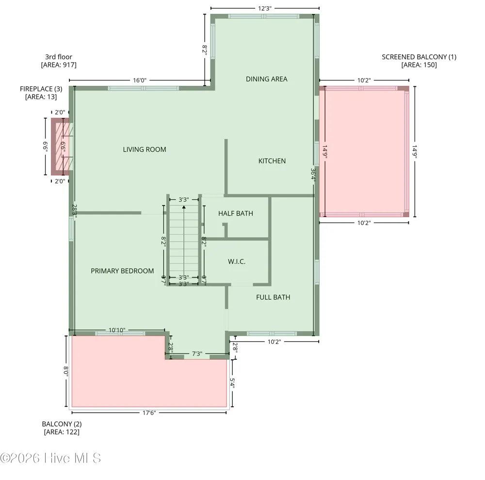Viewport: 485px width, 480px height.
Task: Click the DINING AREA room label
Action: [266, 79]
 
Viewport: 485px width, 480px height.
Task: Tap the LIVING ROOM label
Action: [145, 149]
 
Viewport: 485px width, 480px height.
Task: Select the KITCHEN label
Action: [272, 161]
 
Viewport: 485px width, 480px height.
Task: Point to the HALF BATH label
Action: [235, 213]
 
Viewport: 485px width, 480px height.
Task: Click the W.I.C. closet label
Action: [237, 262]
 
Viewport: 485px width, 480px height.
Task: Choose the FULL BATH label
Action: [273, 297]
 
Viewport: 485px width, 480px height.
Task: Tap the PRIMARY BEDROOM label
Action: [122, 271]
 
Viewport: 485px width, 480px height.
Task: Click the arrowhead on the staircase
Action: [184, 207]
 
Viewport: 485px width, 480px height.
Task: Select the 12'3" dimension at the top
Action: [265, 8]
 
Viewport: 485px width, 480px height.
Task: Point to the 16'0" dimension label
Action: [140, 80]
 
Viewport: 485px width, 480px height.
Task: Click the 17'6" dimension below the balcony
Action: [149, 413]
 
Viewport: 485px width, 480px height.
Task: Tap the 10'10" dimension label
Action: [117, 330]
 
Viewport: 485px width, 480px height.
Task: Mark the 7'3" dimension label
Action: [197, 353]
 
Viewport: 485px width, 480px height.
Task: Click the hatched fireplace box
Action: [60, 146]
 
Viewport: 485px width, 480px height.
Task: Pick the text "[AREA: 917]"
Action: [59, 65]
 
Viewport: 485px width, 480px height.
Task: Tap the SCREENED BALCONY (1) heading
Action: [419, 57]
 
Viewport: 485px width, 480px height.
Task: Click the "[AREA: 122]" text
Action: [62, 432]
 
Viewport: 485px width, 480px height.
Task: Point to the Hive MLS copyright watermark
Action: [50, 458]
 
